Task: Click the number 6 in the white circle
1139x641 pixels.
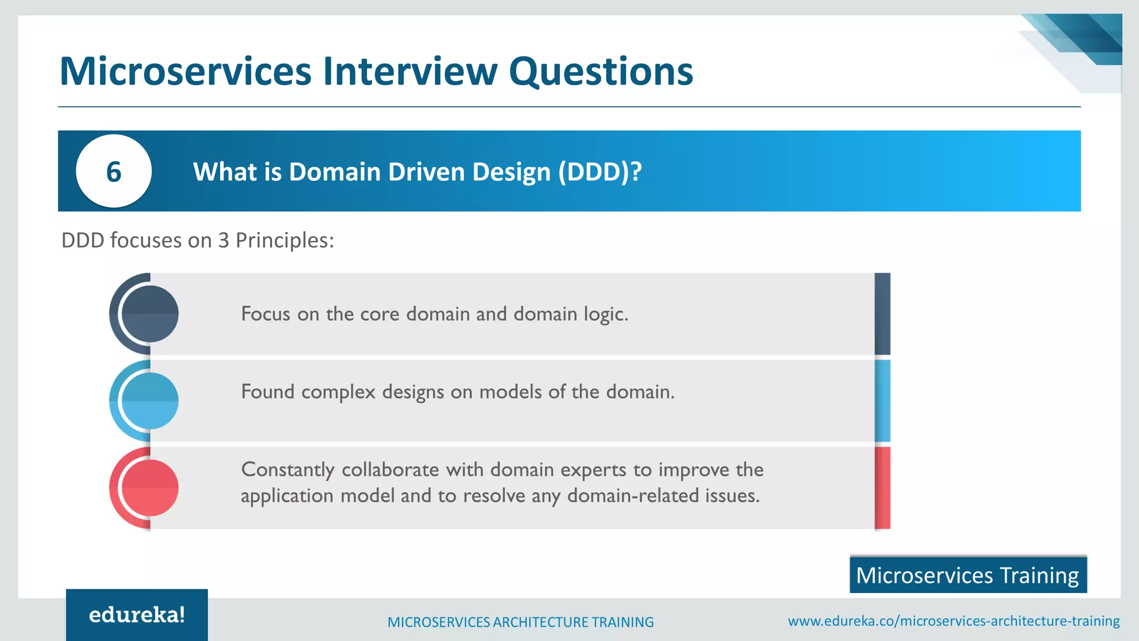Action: coord(113,171)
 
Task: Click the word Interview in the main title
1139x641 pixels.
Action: coord(410,72)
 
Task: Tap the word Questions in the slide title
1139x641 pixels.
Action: coord(601,72)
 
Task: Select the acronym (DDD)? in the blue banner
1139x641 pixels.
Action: coord(600,171)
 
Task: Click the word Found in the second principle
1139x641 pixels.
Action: coord(268,392)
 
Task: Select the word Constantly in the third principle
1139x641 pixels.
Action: coord(288,470)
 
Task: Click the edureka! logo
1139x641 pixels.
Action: coord(137,615)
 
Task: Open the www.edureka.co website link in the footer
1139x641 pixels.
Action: coord(953,621)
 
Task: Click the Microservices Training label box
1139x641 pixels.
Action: coord(968,575)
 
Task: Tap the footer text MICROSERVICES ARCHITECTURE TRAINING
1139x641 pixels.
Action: coord(521,622)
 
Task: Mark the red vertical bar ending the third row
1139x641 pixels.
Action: coord(882,488)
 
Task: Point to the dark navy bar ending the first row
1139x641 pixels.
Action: coord(882,314)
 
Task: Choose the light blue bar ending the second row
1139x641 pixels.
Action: coord(882,401)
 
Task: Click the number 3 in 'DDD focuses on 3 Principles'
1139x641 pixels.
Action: coord(224,240)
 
